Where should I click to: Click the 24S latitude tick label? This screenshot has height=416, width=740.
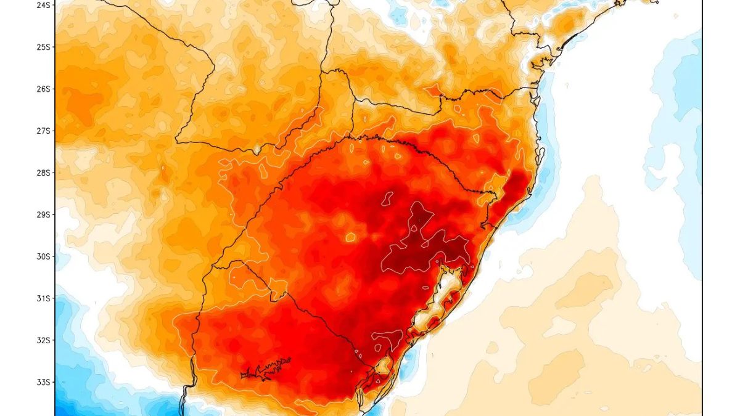pos(43,5)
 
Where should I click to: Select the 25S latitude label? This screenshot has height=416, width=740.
pos(43,47)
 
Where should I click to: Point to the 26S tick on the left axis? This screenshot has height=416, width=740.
pos(43,89)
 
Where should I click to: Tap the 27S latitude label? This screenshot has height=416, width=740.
pos(43,131)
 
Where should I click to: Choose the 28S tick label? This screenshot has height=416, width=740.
pos(43,173)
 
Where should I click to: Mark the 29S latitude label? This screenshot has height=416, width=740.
pos(43,214)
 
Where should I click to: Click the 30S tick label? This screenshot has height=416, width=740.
pos(43,256)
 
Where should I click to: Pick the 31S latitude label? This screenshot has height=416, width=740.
pos(43,298)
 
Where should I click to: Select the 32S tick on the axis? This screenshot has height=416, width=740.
pos(43,340)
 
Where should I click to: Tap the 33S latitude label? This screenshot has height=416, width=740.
pos(43,382)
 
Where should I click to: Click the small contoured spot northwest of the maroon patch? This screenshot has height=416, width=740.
pos(387,198)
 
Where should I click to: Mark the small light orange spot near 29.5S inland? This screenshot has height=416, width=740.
pos(350,237)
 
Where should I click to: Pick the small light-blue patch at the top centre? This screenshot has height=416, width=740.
pos(398,15)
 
